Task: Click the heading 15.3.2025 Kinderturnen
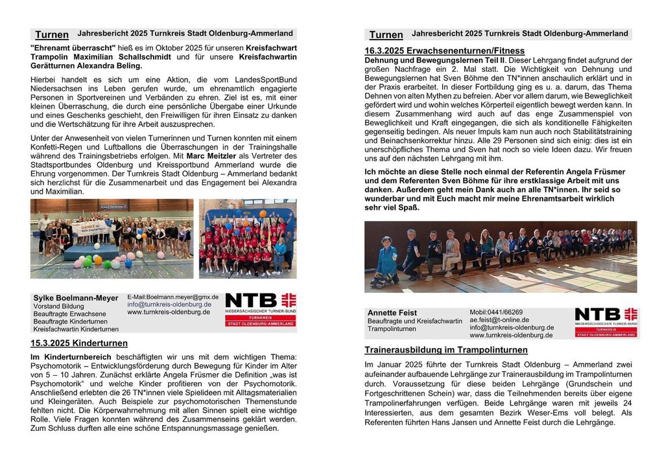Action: (78, 343)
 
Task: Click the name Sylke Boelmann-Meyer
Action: (76, 298)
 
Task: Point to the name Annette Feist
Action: (392, 313)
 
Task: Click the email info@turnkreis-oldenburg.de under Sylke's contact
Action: (169, 304)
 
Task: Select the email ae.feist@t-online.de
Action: (499, 320)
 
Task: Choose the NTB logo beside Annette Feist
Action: (606, 323)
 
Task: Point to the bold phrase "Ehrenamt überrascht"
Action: (73, 47)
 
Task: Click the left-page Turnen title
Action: (52, 34)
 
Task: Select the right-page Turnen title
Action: (386, 34)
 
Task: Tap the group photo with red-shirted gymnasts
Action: (248, 238)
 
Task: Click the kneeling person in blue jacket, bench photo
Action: (387, 261)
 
